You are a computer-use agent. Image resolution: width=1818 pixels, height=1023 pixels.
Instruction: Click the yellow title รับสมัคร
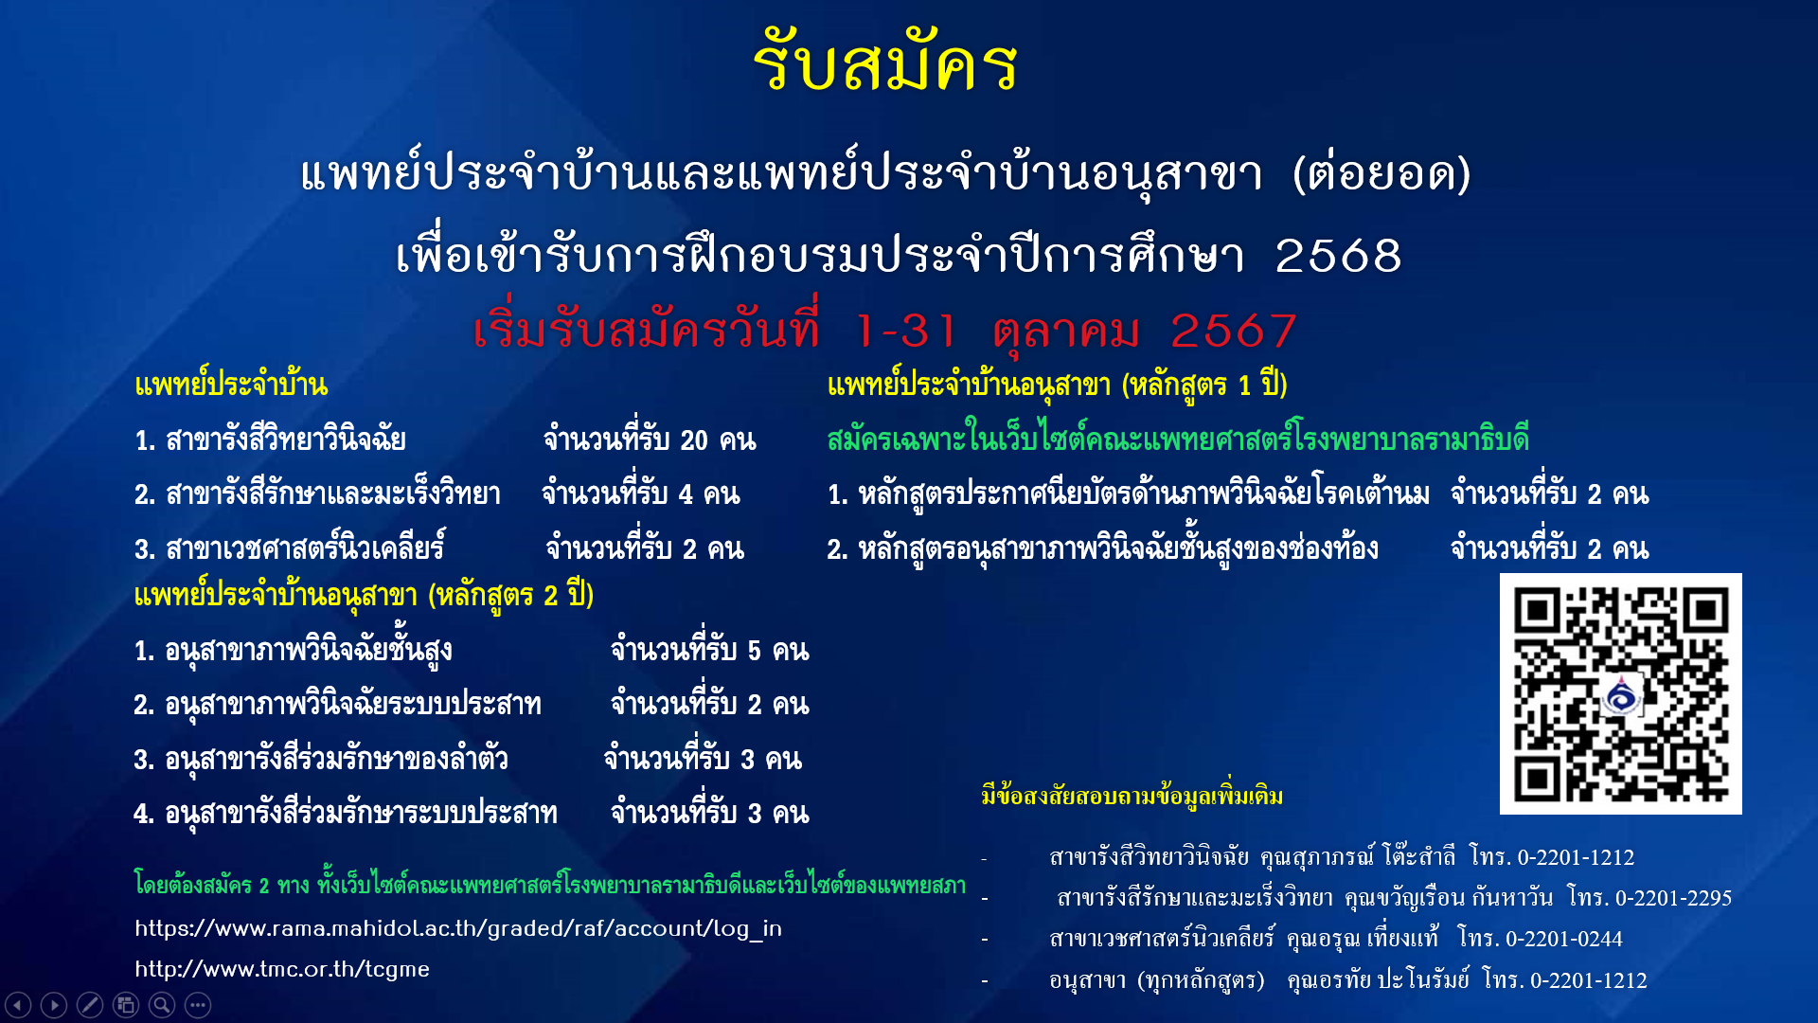(x=885, y=63)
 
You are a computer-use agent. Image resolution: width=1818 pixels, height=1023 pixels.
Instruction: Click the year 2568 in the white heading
(x=1338, y=256)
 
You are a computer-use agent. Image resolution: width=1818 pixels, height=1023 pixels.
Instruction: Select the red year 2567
(x=1233, y=331)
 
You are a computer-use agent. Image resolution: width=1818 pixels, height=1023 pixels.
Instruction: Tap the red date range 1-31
(x=905, y=331)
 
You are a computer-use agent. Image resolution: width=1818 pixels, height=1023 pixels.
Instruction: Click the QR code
(x=1620, y=693)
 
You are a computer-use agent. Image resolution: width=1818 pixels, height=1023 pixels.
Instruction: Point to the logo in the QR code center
(x=1622, y=696)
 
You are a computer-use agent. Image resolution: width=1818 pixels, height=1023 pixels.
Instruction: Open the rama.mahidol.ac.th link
(x=458, y=928)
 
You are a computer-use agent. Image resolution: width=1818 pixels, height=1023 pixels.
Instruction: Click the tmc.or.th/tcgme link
(x=282, y=969)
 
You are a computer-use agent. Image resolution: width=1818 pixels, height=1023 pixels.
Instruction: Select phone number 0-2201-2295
(x=1673, y=897)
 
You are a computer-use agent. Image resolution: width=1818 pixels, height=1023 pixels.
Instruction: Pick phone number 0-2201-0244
(x=1563, y=939)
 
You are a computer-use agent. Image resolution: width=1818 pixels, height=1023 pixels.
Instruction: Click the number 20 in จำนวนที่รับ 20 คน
(x=694, y=440)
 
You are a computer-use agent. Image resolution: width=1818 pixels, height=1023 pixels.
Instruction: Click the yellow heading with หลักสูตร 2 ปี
(x=364, y=596)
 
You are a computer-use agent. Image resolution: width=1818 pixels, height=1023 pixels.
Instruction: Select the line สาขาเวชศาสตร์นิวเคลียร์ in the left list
(x=290, y=548)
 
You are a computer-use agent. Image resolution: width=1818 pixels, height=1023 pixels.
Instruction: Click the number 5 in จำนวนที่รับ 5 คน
(x=755, y=651)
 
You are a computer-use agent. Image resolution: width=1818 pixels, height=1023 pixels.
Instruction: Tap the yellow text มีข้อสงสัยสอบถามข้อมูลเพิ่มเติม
(x=1132, y=795)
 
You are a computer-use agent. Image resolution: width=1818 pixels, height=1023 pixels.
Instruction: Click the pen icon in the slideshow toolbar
(x=90, y=1005)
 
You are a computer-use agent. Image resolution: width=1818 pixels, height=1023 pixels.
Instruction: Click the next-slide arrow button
(x=54, y=1005)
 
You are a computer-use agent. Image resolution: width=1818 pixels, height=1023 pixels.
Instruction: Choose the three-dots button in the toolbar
(x=198, y=1005)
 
